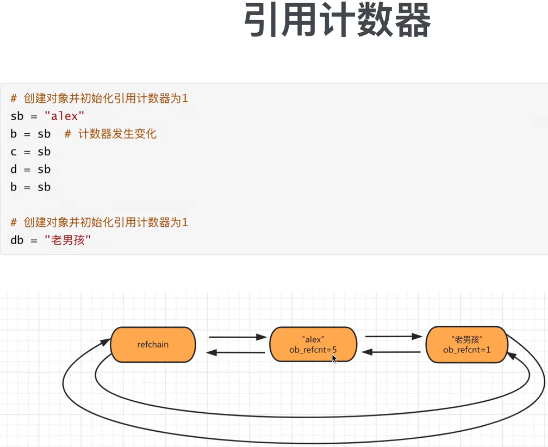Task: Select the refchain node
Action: coord(153,344)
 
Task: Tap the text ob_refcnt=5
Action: coord(313,350)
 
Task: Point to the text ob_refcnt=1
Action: coord(466,350)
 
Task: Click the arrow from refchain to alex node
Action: coord(237,337)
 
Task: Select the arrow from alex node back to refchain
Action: coord(236,353)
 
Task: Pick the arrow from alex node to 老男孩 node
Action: coord(393,337)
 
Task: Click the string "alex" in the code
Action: coord(65,116)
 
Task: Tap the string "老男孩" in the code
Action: coord(68,240)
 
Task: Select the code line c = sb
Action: coord(30,152)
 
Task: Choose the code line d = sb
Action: coord(30,169)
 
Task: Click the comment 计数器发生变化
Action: coord(117,134)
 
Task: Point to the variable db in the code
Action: coord(17,240)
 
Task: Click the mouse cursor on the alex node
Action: coord(334,358)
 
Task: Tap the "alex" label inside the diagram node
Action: coord(313,340)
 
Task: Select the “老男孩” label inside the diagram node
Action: coord(466,339)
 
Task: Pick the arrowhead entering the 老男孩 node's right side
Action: coord(511,355)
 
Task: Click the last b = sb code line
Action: coord(30,187)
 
